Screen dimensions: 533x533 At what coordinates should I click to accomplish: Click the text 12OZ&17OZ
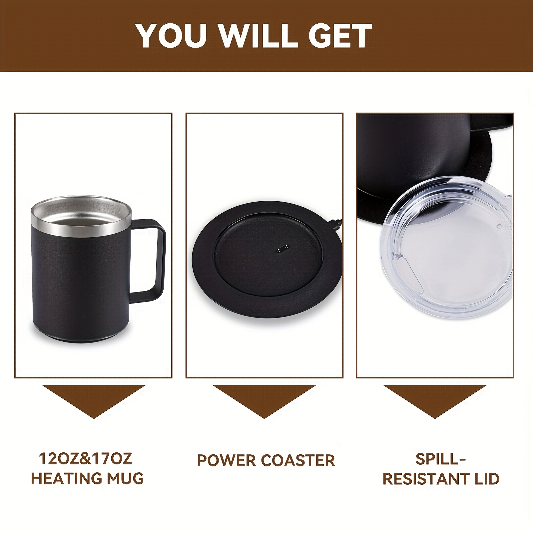(86, 459)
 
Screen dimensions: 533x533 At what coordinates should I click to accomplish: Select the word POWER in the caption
(226, 461)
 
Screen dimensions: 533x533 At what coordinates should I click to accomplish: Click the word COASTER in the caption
(298, 461)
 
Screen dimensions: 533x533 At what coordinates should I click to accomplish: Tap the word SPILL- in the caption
(440, 459)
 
